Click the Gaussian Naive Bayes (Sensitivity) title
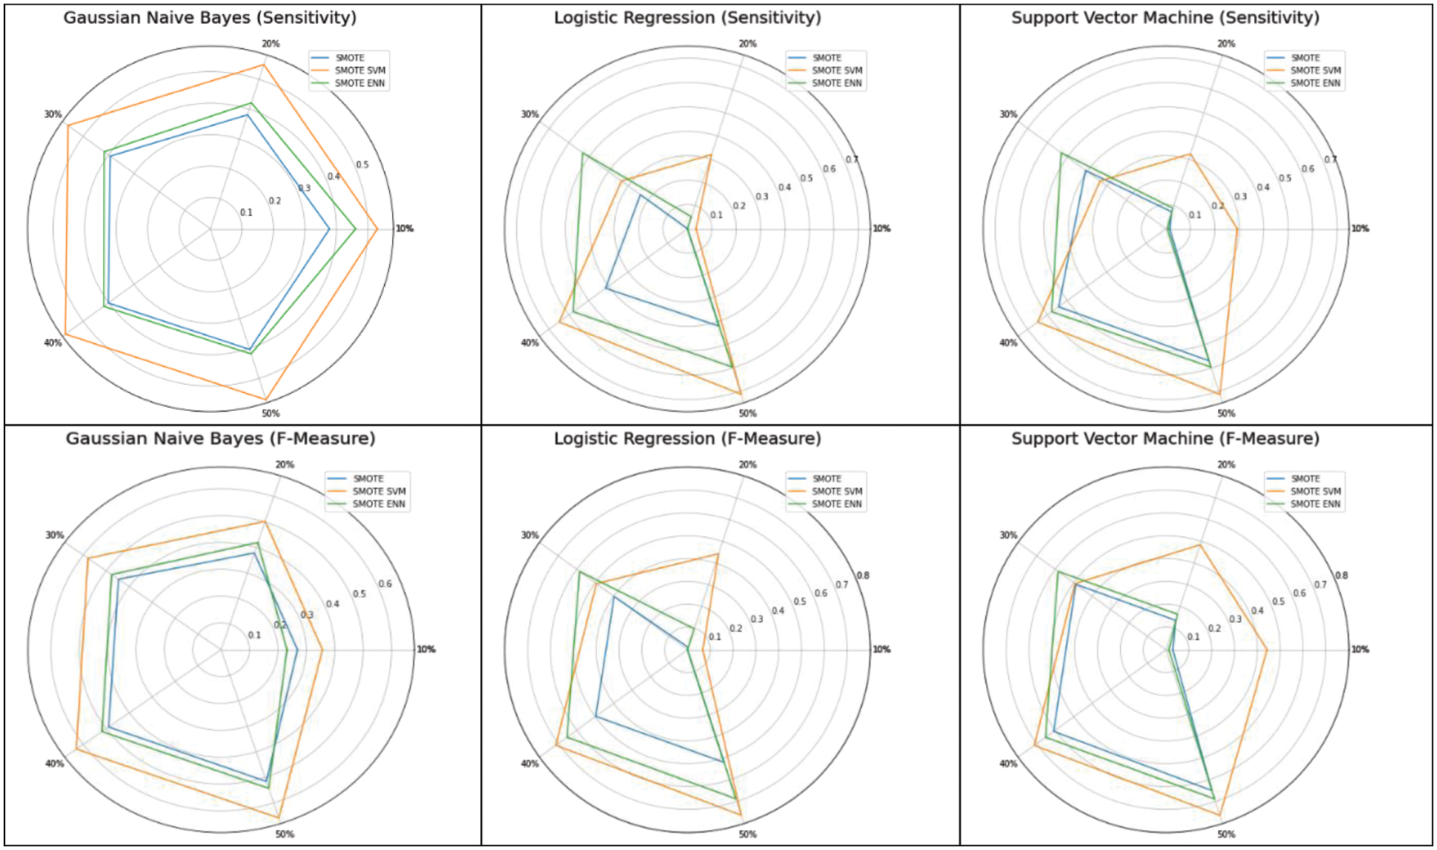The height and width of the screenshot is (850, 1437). [210, 18]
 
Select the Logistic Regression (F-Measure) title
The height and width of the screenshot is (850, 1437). [687, 439]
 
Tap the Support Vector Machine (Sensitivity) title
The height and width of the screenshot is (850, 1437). [1164, 18]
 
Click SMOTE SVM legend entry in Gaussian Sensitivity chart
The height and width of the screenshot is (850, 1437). [360, 71]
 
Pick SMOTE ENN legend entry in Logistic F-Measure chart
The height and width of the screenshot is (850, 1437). [836, 504]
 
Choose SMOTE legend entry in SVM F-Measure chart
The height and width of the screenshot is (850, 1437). [1305, 478]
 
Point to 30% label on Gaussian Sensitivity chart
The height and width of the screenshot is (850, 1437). [52, 114]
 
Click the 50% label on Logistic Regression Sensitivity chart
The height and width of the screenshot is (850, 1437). [747, 414]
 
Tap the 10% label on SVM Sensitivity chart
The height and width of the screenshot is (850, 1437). [1360, 229]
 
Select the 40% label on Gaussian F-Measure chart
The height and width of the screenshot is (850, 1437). [55, 764]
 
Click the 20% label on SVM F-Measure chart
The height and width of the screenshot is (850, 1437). [1226, 464]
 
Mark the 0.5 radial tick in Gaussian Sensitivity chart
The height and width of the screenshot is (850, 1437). [363, 164]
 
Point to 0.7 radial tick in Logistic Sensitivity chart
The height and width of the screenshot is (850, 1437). [852, 160]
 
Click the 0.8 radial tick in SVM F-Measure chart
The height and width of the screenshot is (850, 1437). [1341, 576]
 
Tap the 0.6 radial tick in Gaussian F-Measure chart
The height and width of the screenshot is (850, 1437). [385, 584]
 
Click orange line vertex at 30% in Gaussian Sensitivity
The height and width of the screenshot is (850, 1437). [67, 125]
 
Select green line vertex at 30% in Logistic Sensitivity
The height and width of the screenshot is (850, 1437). [582, 153]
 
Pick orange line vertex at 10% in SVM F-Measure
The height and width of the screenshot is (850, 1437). [1267, 649]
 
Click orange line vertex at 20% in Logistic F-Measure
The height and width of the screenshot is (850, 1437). [718, 554]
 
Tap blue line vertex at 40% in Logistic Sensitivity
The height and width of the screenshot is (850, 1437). [606, 289]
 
